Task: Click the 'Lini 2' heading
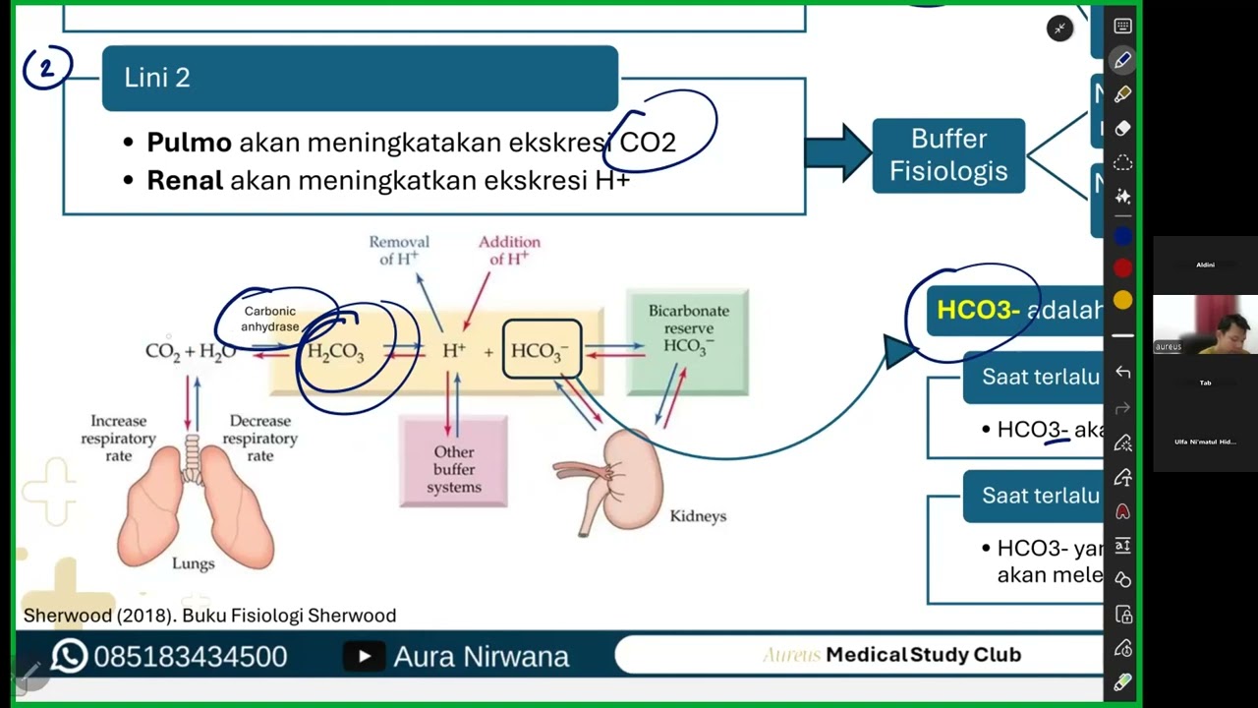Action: pos(157,79)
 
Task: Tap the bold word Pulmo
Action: pos(189,143)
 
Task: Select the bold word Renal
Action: pos(185,181)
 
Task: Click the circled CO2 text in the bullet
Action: pos(648,143)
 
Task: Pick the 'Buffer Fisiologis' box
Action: pos(948,155)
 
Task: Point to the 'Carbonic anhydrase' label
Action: pos(269,319)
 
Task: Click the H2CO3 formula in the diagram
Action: pos(335,352)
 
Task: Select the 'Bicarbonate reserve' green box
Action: pos(688,340)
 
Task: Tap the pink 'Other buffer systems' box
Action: pos(453,461)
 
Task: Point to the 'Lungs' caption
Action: pos(193,563)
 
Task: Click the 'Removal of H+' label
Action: pos(398,251)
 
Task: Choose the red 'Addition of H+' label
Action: pos(509,251)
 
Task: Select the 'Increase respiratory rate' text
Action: pos(118,439)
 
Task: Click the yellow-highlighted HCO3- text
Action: pos(978,311)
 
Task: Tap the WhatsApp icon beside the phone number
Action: pos(69,656)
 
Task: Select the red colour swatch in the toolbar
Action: pos(1122,268)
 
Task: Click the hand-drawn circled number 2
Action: pos(46,69)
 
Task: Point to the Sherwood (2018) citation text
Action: pos(209,616)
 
